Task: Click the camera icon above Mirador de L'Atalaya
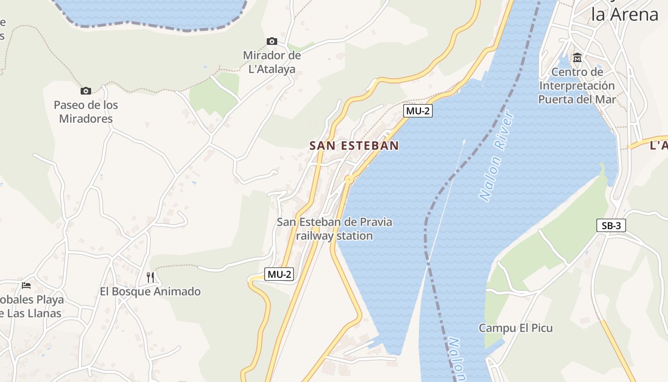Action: coord(272,42)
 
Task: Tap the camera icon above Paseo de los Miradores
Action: coord(86,91)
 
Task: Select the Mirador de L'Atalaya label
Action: coord(272,62)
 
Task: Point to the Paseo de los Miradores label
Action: coord(86,112)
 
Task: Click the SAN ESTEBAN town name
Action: coord(354,146)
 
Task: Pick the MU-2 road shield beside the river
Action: coord(417,111)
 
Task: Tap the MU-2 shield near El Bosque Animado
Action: coord(279,275)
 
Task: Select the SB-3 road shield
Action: coord(611,225)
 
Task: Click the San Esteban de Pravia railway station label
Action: coord(334,229)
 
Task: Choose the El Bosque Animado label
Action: coord(150,291)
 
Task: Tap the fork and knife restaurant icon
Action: coord(150,277)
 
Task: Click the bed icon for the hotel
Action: coord(26,286)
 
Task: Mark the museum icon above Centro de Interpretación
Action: coord(577,58)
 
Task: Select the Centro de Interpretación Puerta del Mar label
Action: coord(577,86)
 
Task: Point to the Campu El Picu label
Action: coord(516,328)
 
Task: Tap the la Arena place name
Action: coord(625,14)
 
